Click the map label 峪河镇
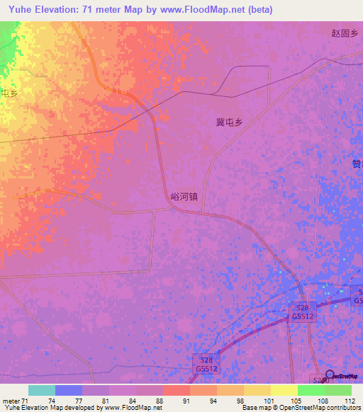pyautogui.click(x=184, y=200)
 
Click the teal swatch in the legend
pyautogui.click(x=42, y=390)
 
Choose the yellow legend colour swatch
pyautogui.click(x=284, y=390)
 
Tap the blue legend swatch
pyautogui.click(x=69, y=390)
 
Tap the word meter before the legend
pyautogui.click(x=11, y=401)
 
